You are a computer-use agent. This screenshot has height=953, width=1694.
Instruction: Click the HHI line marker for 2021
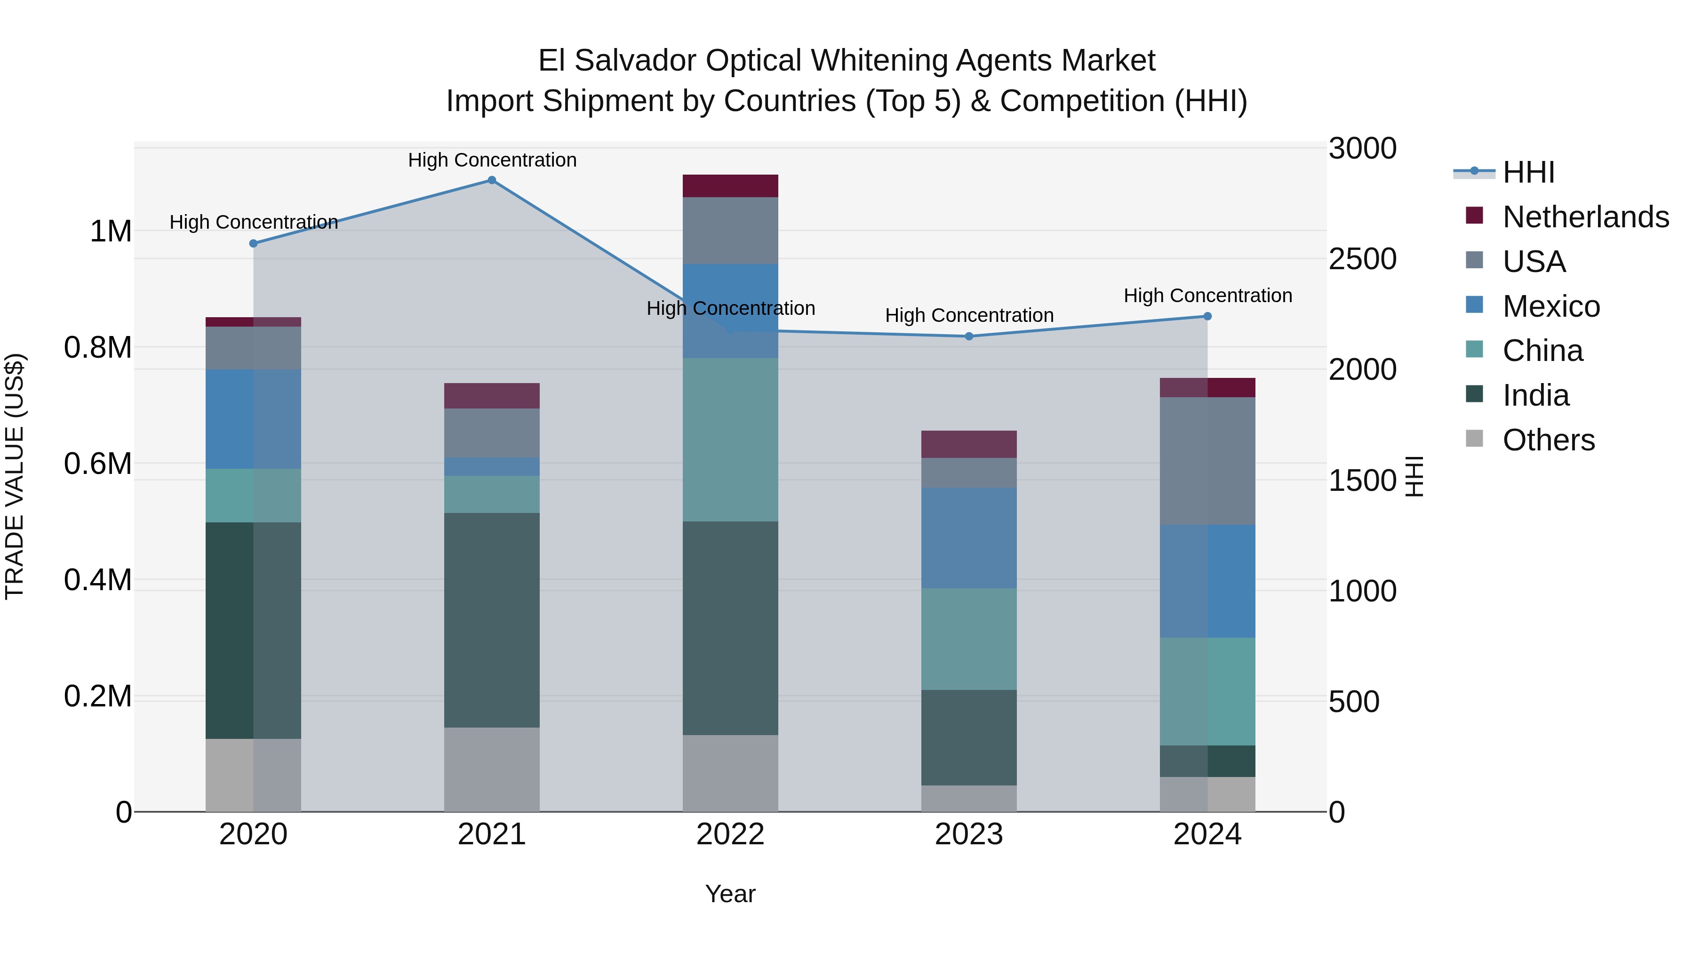pos(491,180)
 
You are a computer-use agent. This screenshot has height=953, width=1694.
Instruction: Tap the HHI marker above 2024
pos(1207,316)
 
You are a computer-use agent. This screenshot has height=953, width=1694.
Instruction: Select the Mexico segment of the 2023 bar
pos(969,538)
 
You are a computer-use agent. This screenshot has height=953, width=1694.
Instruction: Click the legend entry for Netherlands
pos(1585,217)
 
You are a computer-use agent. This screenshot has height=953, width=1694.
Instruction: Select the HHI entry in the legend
pos(1528,172)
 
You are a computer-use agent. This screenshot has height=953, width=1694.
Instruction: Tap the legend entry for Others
pos(1548,440)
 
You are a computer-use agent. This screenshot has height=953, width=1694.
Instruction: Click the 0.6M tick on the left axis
pos(98,464)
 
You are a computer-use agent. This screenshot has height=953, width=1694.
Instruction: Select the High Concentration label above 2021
pos(492,160)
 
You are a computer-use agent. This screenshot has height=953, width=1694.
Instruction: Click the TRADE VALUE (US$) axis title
pos(15,476)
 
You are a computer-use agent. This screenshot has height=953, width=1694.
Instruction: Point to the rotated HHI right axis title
pos(1414,476)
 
